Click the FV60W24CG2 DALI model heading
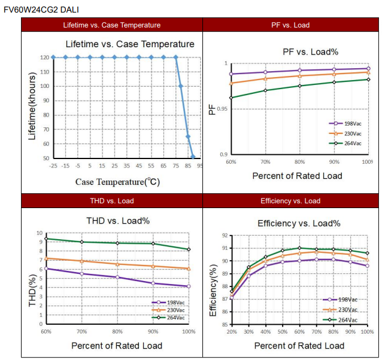(41, 9)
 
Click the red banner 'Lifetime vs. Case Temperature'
(112, 25)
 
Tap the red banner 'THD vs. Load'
(112, 200)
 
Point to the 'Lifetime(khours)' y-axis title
(32, 106)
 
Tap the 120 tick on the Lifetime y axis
(45, 58)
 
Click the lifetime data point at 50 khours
(193, 157)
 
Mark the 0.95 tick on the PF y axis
(222, 109)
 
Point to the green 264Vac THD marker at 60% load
(46, 239)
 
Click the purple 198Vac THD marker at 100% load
(189, 286)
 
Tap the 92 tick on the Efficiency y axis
(224, 236)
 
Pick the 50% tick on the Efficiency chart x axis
(283, 331)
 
